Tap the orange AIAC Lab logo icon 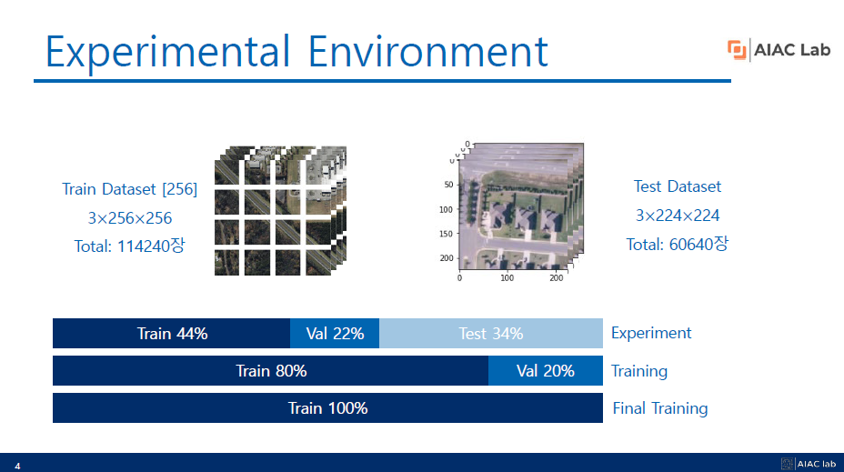click(737, 50)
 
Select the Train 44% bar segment click(172, 334)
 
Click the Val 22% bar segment click(335, 334)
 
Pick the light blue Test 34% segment click(491, 334)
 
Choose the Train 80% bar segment click(271, 371)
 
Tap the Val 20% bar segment click(546, 371)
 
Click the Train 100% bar click(327, 408)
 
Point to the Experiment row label click(651, 333)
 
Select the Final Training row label click(659, 408)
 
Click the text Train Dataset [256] click(129, 189)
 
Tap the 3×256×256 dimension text click(129, 218)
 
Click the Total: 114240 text click(129, 246)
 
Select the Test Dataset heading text click(677, 186)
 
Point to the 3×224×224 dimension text click(677, 216)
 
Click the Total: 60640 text click(677, 245)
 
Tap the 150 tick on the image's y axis click(446, 234)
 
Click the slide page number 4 click(16, 466)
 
